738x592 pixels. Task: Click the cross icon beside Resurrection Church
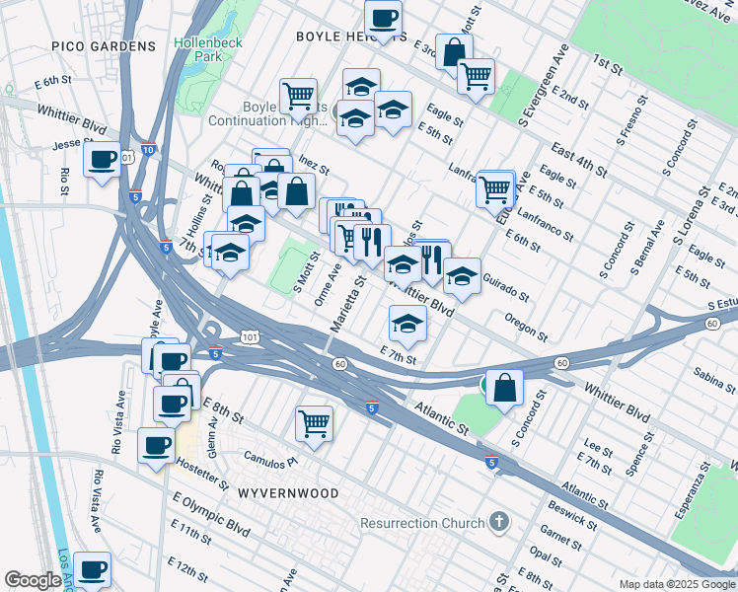click(x=499, y=522)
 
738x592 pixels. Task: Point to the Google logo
click(x=33, y=580)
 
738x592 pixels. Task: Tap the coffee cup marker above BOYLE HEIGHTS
click(x=383, y=17)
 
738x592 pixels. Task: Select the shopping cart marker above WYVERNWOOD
click(x=314, y=423)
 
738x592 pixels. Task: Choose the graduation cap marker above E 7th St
click(x=406, y=323)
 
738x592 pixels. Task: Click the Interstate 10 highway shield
click(x=148, y=149)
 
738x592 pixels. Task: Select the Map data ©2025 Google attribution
click(x=676, y=583)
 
